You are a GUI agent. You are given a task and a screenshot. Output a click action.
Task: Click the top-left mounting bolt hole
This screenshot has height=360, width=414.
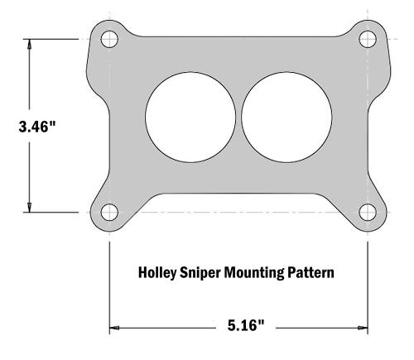point(109,38)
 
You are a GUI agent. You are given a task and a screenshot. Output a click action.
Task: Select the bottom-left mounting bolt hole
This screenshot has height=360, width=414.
point(109,212)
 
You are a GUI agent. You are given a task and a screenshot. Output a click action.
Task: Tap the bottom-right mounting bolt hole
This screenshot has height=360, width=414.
point(368,212)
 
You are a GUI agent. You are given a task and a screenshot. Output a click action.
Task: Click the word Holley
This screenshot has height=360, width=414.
point(154,271)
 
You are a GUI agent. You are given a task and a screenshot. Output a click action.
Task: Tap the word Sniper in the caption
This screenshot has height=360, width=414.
point(200,271)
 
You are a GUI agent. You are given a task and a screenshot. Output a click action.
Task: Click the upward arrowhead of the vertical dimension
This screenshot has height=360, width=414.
point(31,45)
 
